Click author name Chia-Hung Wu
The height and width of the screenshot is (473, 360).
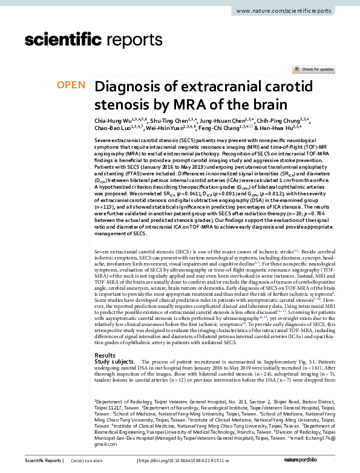[x=110, y=120]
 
